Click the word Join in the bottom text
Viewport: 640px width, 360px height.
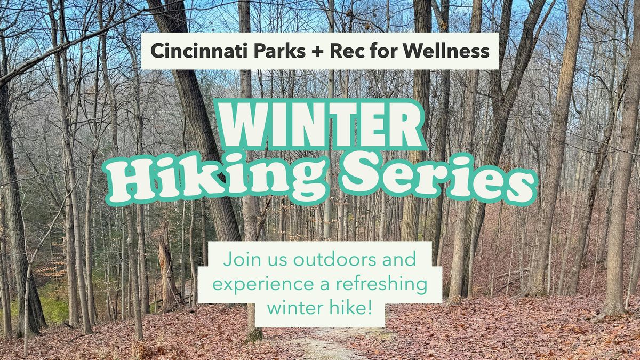coord(238,261)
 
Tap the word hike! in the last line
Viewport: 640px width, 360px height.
coord(353,308)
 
